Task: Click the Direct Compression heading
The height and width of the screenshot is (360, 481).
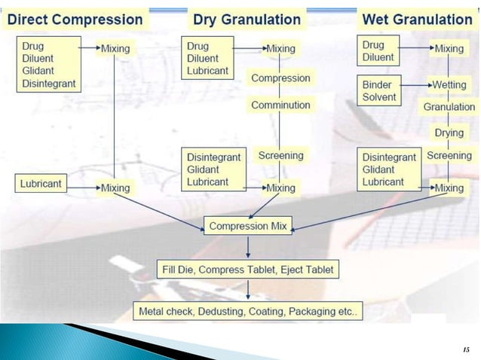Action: (x=75, y=19)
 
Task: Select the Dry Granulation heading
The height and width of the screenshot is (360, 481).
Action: (x=247, y=19)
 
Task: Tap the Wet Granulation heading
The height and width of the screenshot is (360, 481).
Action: (x=418, y=19)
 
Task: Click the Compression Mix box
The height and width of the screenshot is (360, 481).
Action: (x=248, y=226)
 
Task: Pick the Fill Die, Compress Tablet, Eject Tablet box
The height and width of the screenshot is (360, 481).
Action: (x=248, y=269)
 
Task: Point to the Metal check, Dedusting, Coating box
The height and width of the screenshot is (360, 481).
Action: (x=248, y=310)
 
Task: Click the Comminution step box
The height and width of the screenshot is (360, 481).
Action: (x=280, y=105)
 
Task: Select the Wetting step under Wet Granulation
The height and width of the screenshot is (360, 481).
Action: (x=449, y=85)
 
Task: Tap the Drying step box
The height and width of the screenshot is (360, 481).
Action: (x=449, y=133)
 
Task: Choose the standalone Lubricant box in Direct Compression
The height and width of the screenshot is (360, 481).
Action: (x=41, y=183)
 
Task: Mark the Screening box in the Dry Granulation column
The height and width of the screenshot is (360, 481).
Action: (x=280, y=156)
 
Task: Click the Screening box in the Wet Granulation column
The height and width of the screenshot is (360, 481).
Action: (x=449, y=156)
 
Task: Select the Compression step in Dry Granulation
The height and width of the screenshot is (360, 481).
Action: (x=280, y=78)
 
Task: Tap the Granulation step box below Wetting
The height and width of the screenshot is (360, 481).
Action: (x=449, y=107)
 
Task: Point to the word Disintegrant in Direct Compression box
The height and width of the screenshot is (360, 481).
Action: (x=48, y=84)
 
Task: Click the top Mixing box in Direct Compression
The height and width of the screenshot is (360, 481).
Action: (x=115, y=49)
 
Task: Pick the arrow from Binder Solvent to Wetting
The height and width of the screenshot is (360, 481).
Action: (x=413, y=86)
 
